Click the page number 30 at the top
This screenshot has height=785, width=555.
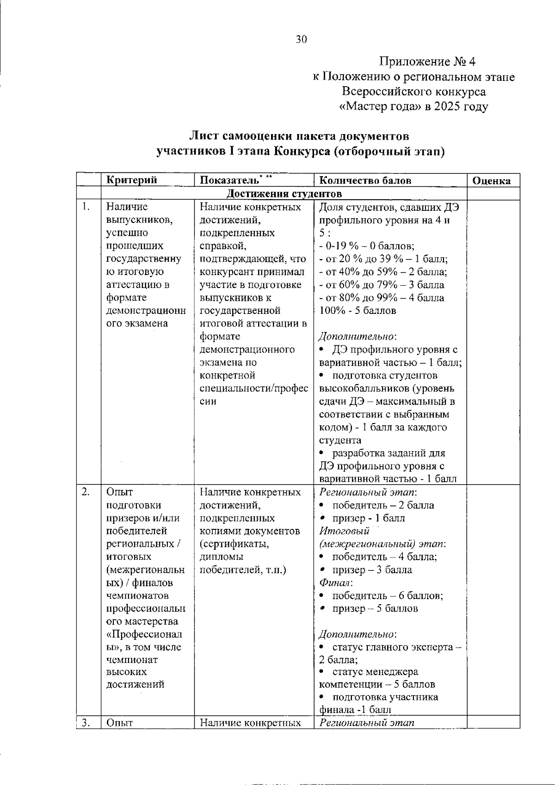(301, 40)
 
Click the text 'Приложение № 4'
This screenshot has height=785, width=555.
(427, 61)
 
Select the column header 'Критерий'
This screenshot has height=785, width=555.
(131, 180)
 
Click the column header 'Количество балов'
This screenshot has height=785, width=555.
(365, 180)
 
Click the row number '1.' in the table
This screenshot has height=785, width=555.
(85, 207)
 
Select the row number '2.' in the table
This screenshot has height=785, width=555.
(86, 491)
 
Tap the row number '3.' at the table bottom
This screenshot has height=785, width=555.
(86, 723)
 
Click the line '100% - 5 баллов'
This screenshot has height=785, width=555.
(358, 311)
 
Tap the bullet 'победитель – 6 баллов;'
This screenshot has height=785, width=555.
(387, 595)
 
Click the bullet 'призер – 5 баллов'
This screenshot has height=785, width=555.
(375, 608)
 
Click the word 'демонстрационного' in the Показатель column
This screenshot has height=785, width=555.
(247, 350)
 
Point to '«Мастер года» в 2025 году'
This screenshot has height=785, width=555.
(413, 107)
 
